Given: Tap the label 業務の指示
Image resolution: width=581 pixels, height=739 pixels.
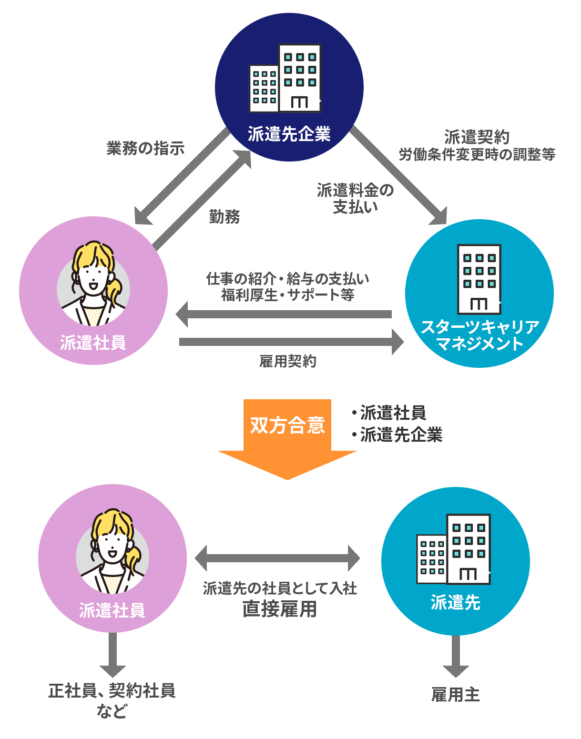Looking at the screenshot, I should [x=145, y=149].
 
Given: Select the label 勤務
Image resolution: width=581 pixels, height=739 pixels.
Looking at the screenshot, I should [x=224, y=217].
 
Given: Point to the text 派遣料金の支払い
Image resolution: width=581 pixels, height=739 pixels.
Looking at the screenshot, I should [x=355, y=198].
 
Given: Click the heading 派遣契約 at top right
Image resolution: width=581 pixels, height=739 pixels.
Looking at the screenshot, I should [x=477, y=137].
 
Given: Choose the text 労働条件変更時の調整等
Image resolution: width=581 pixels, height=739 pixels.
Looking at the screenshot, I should [x=477, y=154].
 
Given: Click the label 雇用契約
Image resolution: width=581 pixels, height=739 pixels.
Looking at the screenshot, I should [x=287, y=361].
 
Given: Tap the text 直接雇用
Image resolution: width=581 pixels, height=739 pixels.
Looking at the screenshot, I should [x=279, y=609].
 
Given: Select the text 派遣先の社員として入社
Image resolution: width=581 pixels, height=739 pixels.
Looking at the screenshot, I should [x=280, y=588].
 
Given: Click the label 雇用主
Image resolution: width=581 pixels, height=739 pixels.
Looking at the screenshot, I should [x=455, y=695].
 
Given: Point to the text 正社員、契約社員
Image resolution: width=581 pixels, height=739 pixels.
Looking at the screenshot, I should [x=112, y=690].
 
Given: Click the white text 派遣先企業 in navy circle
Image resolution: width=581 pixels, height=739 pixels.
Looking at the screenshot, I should [x=289, y=134].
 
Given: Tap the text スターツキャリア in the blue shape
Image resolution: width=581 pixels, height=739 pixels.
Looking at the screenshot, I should [x=480, y=327].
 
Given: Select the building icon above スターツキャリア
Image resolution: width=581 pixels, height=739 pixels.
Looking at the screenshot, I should [x=479, y=279].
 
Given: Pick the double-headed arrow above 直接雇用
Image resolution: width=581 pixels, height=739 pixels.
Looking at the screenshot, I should [x=277, y=558].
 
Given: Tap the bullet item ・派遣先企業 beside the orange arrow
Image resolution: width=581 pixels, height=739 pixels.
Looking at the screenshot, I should [x=398, y=435].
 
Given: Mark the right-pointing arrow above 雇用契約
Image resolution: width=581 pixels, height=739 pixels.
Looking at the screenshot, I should [x=291, y=342].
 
